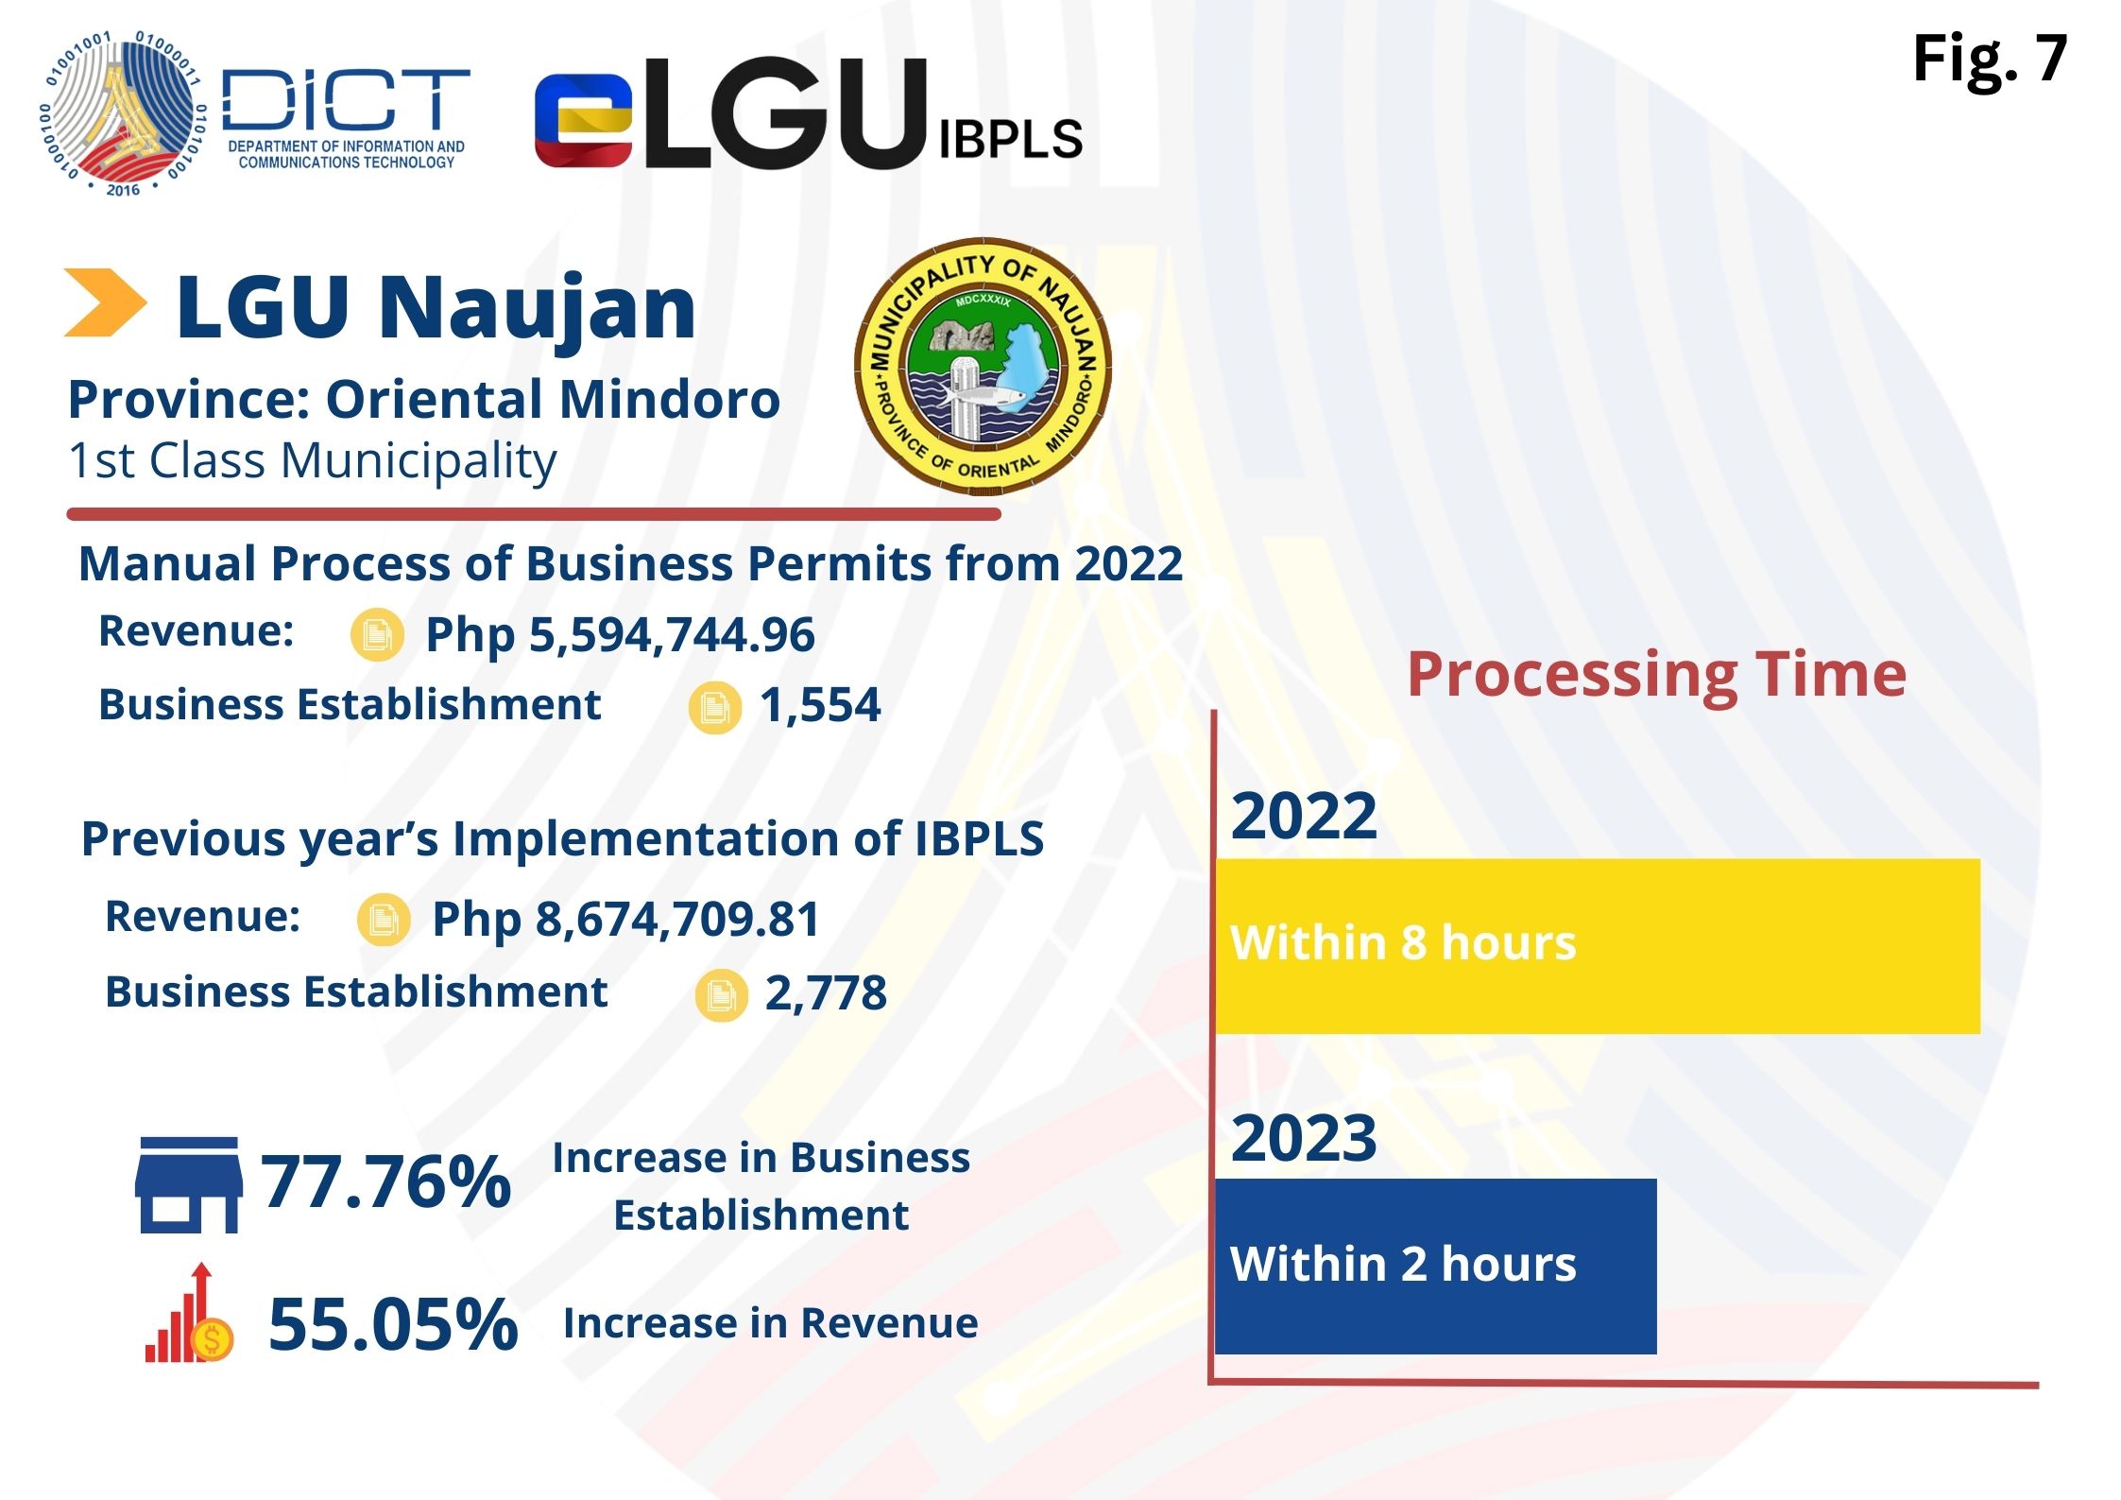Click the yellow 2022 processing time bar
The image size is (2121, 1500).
[1597, 945]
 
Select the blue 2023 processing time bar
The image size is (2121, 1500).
[1435, 1266]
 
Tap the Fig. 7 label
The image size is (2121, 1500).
[1989, 59]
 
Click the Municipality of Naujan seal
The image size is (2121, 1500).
[983, 367]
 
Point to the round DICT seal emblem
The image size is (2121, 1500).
[121, 113]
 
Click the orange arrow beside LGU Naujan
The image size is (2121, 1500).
[104, 302]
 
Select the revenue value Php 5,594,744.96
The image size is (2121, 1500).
[620, 634]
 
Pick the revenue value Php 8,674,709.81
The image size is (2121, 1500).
[625, 919]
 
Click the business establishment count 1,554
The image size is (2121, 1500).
[820, 705]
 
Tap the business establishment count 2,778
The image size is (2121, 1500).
[826, 992]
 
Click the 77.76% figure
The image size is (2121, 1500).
[385, 1181]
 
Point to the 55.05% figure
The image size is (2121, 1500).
[393, 1323]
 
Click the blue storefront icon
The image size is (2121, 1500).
[188, 1185]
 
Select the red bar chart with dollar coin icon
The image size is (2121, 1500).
[188, 1316]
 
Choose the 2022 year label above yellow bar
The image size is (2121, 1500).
[1304, 815]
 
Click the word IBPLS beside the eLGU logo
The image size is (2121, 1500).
[1010, 140]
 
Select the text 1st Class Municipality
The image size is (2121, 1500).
[312, 461]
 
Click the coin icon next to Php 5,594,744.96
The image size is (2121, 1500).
[377, 634]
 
